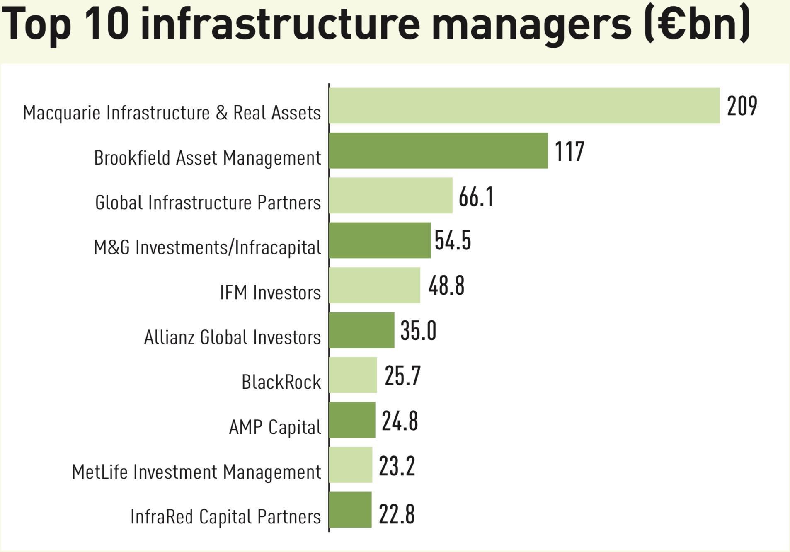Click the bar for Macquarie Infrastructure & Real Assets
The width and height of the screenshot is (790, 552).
coord(524,106)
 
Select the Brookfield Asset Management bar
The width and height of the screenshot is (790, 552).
coord(438,150)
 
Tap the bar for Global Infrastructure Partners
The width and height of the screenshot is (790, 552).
coord(390,196)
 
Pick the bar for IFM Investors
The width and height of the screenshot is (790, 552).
coord(374,285)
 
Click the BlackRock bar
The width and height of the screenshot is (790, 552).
coord(353,375)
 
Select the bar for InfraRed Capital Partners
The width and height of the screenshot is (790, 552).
coord(350,510)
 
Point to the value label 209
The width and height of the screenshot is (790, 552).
coord(742,106)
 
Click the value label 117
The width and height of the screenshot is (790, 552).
coord(569,151)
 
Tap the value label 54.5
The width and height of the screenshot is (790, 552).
coord(453,240)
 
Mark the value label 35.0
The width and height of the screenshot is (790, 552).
coord(418,331)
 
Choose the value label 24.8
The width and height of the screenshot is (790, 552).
coord(400,421)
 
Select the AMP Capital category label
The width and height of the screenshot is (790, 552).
coord(275,427)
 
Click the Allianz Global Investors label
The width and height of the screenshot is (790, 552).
coord(232,337)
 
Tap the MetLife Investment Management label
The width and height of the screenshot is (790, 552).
coord(196,472)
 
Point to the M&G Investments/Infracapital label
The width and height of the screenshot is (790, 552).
coord(207,248)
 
